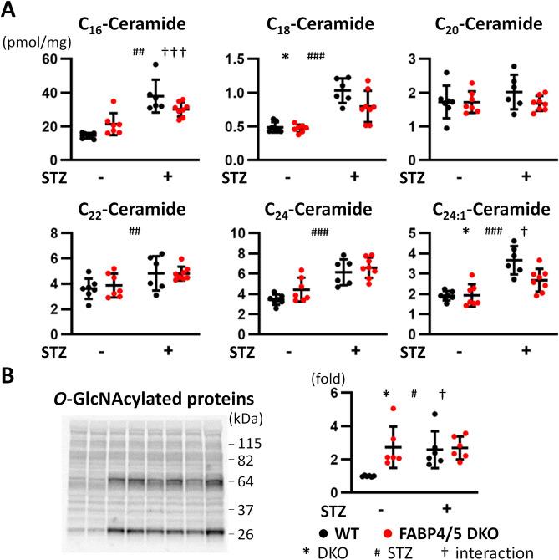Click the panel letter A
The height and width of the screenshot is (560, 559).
tap(11, 11)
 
